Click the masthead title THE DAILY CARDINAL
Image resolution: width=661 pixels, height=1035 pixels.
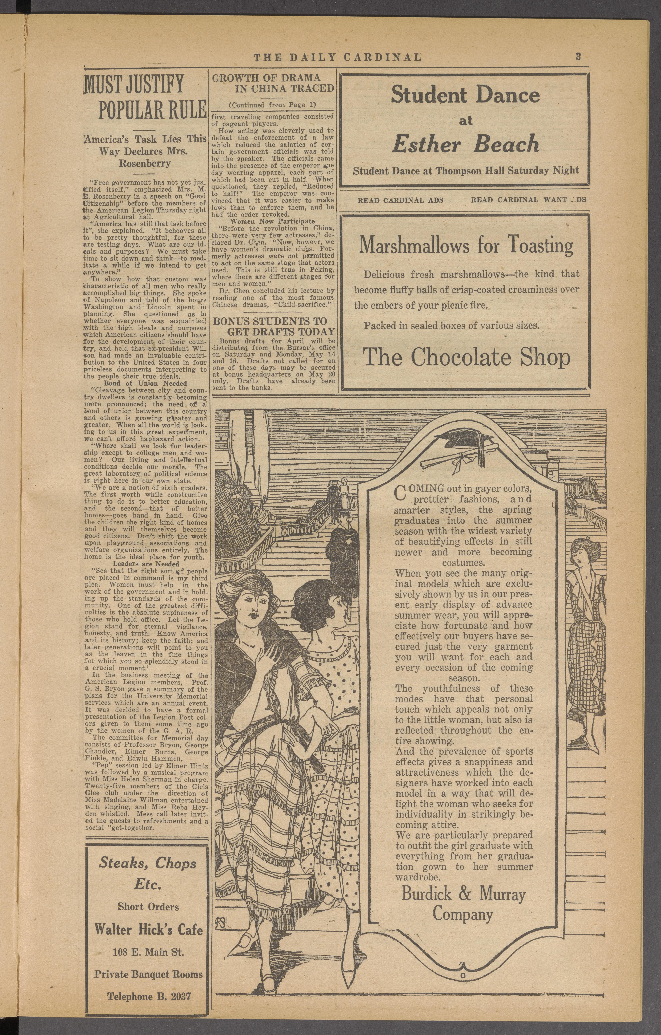(337, 57)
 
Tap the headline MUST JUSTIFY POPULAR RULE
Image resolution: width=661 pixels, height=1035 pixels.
(145, 97)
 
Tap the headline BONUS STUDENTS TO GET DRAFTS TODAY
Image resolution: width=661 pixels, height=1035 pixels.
(274, 326)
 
